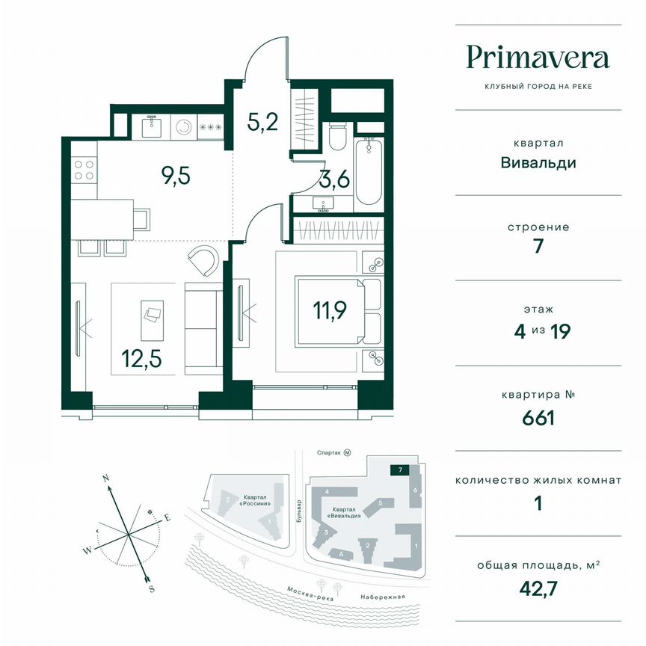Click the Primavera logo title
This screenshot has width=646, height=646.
coord(538,57)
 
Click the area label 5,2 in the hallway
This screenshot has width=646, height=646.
coord(264,120)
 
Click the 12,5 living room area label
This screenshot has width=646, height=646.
coord(141,362)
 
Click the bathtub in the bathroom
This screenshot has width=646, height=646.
coord(369,170)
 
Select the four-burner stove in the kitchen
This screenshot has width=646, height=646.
coord(84,170)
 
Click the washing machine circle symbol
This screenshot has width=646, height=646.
coord(183,127)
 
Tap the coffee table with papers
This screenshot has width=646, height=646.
coord(153,315)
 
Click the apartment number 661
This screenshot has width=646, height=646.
coord(538,417)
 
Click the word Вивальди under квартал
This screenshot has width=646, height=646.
coord(538,161)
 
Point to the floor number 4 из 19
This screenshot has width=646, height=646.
coord(538,330)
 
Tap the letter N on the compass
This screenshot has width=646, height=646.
coord(106,477)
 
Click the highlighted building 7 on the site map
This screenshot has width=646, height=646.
coord(401,470)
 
